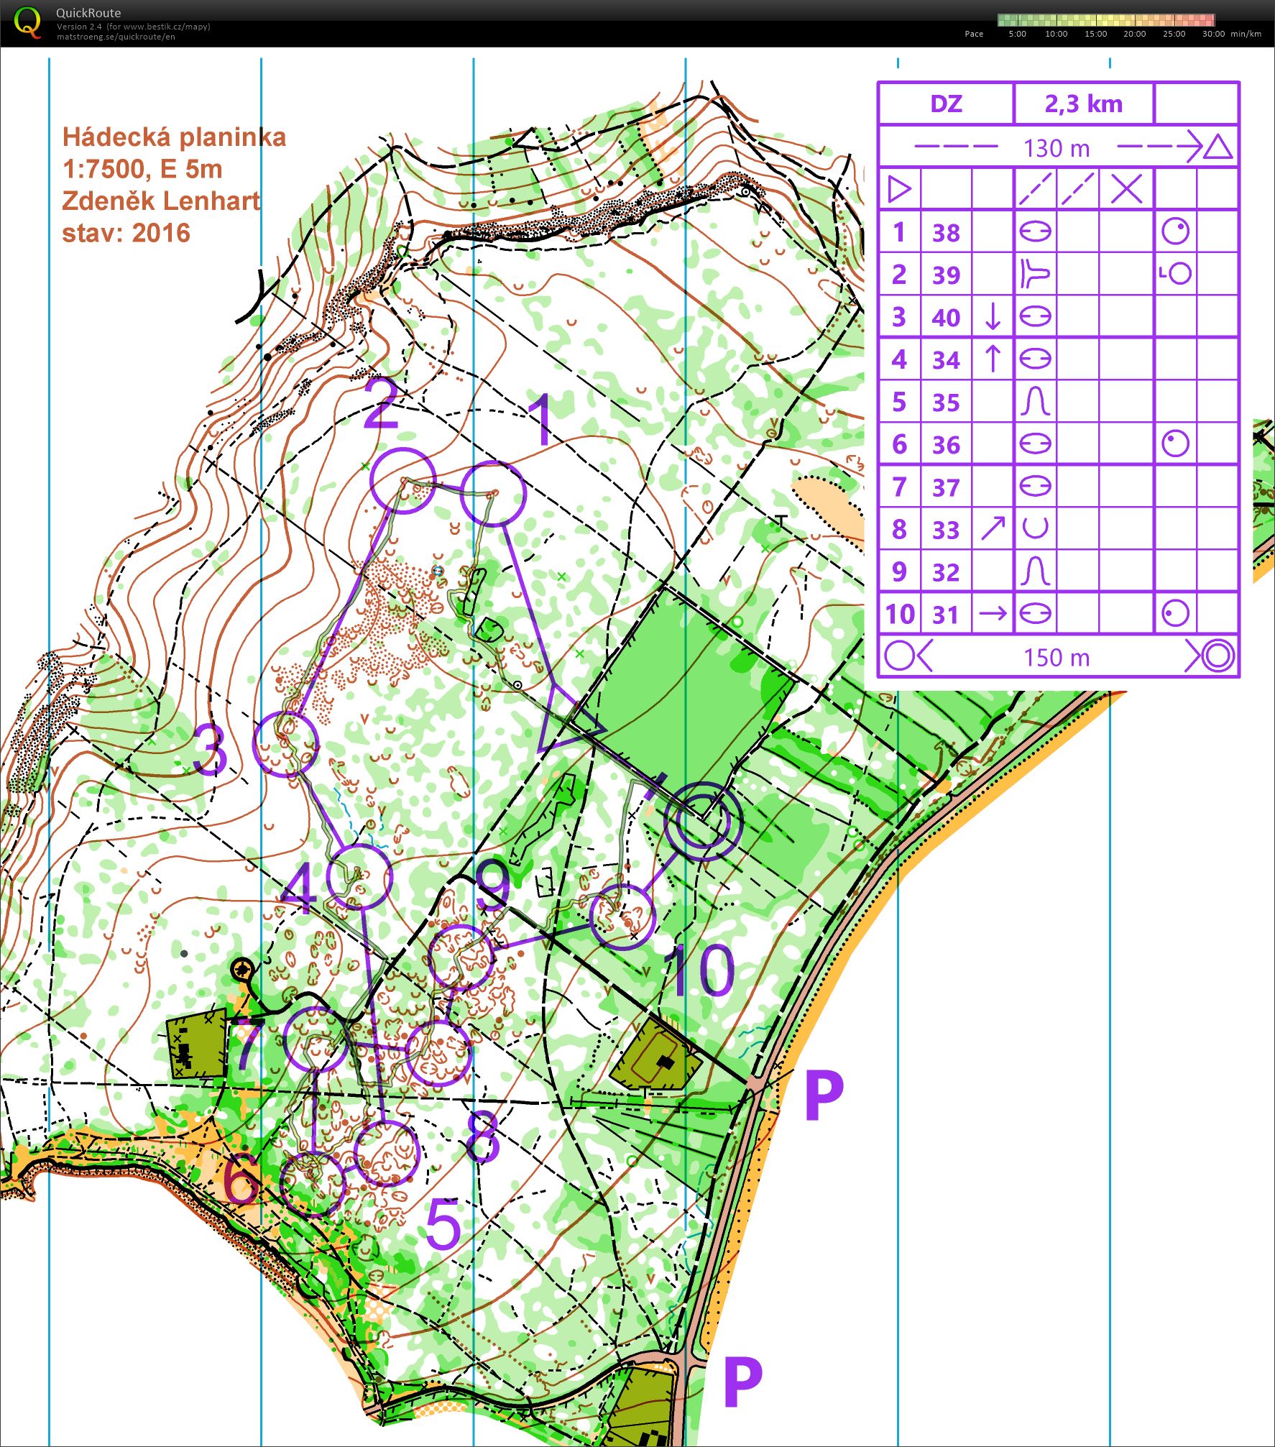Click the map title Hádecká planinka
tap(174, 137)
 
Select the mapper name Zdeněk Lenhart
tap(161, 201)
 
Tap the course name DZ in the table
tap(946, 104)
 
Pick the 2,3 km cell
tap(1083, 104)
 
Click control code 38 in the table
tap(946, 233)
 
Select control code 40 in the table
tap(946, 318)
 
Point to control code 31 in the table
tap(946, 615)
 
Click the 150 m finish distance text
tap(1057, 657)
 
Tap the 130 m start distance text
tap(1057, 148)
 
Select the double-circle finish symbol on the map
tap(702, 821)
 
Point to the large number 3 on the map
tap(210, 750)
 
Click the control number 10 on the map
tap(699, 970)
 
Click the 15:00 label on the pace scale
tap(1095, 34)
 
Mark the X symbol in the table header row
tap(1126, 190)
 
